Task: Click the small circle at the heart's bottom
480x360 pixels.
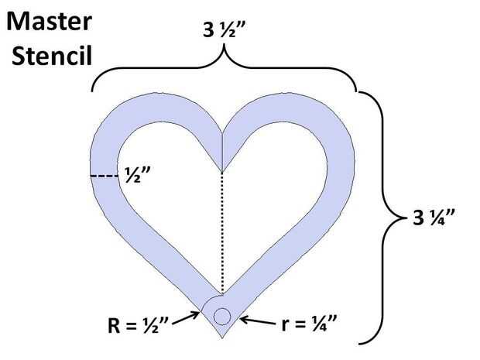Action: (x=221, y=316)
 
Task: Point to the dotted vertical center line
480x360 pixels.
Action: (x=222, y=232)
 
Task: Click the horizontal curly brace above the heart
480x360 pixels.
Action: (x=225, y=73)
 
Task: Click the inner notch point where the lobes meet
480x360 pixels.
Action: (x=222, y=170)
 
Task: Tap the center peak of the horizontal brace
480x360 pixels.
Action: (x=225, y=53)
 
